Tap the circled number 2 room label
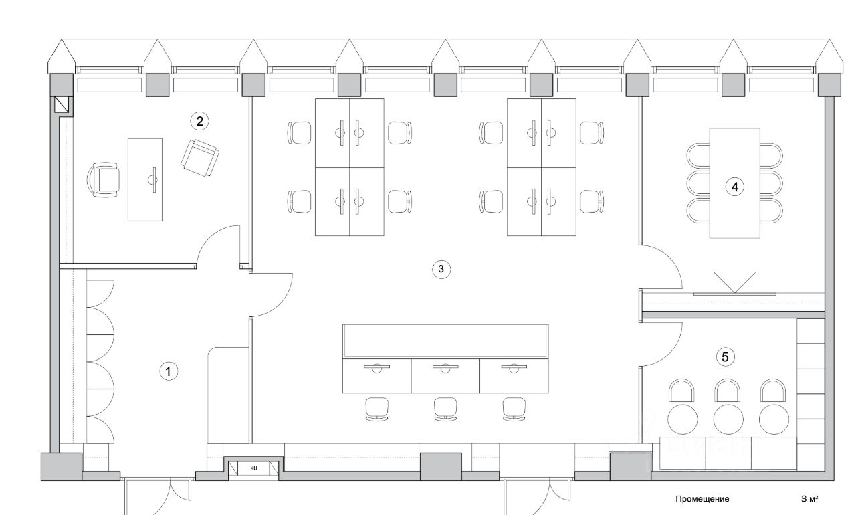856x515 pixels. [199, 121]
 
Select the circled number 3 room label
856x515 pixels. [441, 269]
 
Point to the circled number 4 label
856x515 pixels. [735, 187]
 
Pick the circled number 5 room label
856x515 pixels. [726, 356]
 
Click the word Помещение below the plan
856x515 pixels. [702, 499]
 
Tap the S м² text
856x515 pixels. [810, 499]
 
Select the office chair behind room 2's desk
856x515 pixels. [104, 179]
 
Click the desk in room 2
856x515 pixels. [145, 179]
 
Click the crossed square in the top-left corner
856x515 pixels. [62, 105]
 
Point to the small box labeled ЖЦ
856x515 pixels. [253, 469]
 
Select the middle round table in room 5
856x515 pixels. [728, 419]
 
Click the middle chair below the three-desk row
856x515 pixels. [445, 408]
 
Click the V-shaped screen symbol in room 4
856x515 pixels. [734, 282]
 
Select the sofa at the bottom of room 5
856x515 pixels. [728, 453]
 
